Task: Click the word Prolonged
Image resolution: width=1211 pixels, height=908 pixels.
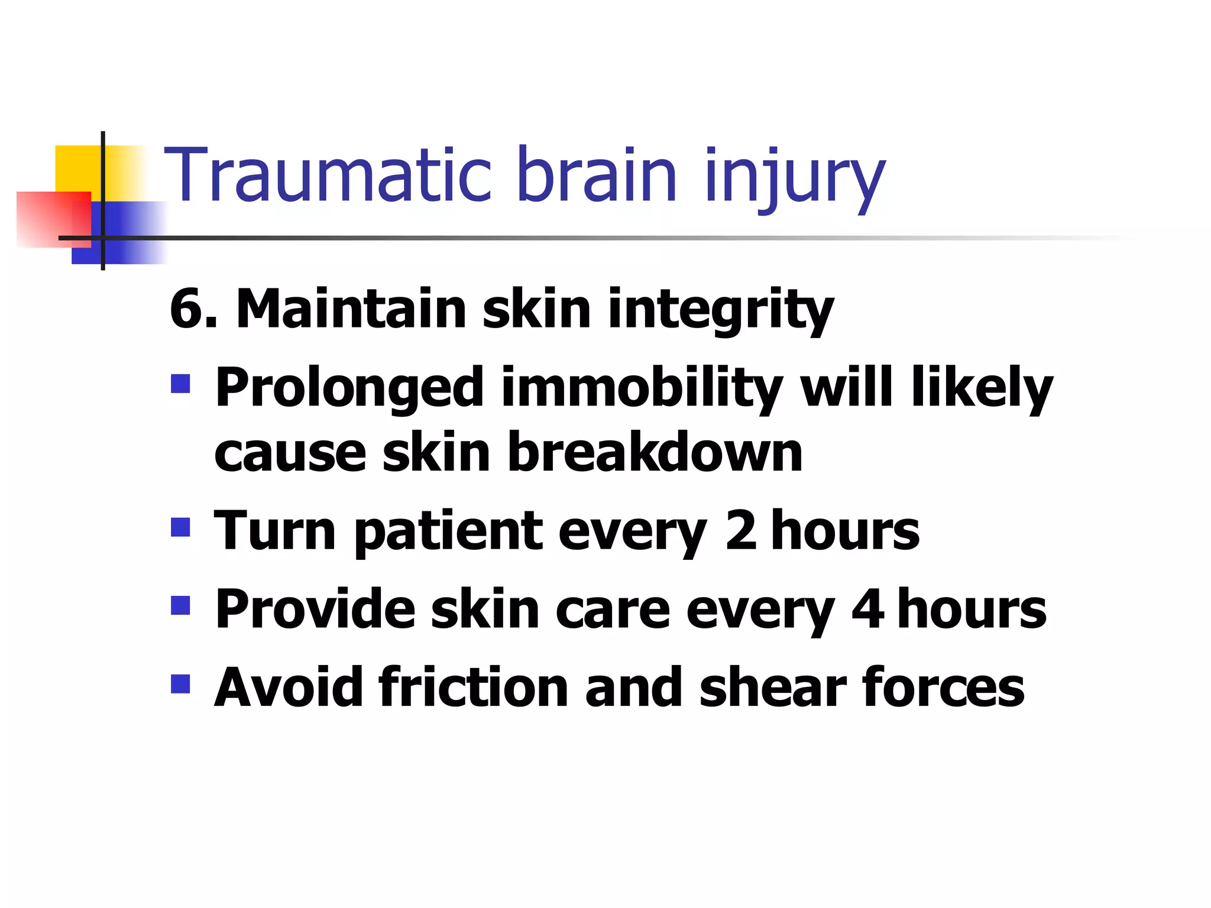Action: [349, 388]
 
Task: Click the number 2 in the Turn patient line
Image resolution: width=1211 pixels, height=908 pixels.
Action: [741, 530]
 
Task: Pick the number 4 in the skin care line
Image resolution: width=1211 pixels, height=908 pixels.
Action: [867, 609]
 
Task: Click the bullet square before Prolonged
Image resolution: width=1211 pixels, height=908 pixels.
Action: [180, 384]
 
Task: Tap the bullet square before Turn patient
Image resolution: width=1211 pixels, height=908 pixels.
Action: [180, 527]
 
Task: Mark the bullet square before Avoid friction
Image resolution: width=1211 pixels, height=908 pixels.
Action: [180, 684]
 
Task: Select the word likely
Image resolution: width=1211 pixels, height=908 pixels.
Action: [982, 388]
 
